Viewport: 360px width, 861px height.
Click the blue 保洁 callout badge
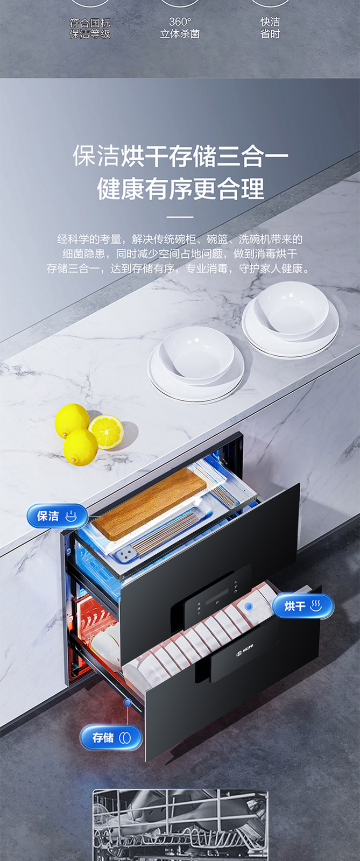point(57,516)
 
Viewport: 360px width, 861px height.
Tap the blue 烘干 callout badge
point(303,606)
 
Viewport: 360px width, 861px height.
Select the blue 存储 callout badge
point(111,738)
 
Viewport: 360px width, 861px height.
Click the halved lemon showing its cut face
point(106,432)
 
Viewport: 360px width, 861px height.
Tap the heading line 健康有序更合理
point(180,188)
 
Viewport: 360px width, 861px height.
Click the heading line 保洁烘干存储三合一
point(180,156)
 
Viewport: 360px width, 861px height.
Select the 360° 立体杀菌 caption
point(180,27)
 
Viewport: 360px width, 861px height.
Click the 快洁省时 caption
point(270,27)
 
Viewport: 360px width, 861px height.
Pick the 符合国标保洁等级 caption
point(90,29)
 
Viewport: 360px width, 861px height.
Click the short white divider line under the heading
point(180,217)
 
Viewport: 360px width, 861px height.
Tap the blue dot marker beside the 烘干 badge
point(249,606)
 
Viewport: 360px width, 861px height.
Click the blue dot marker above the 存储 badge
point(128,702)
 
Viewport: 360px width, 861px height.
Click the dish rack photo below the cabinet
point(180,825)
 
